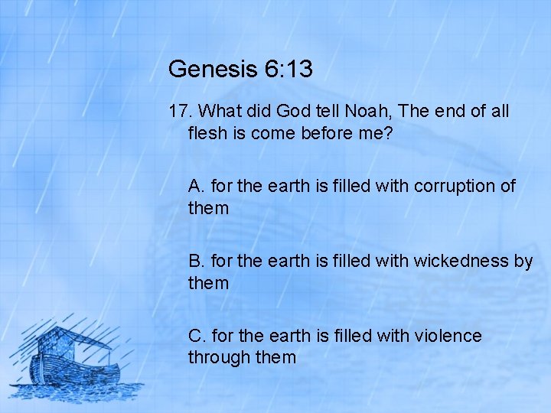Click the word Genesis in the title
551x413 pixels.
tap(213, 70)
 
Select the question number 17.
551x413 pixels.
tap(179, 112)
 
